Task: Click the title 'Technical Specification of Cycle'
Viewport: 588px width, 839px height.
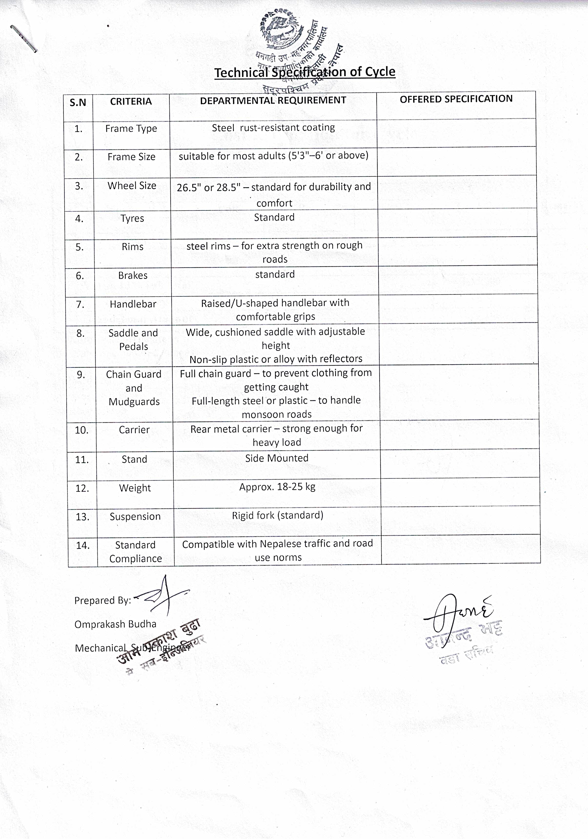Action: [x=305, y=72]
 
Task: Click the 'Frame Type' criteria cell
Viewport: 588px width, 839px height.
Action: [x=131, y=129]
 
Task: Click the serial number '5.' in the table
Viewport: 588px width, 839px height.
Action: [x=80, y=247]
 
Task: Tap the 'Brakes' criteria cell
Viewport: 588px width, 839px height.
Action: [x=133, y=276]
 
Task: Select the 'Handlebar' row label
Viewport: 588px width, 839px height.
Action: [x=133, y=304]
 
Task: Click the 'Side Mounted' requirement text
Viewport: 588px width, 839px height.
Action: [x=277, y=458]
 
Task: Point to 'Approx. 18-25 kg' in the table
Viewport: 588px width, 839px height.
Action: [x=277, y=487]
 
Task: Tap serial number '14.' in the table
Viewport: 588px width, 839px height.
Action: [x=83, y=546]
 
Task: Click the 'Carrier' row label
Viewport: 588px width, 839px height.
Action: [x=134, y=430]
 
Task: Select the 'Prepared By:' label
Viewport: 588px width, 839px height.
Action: [x=103, y=600]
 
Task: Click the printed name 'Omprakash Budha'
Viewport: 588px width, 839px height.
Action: [x=115, y=624]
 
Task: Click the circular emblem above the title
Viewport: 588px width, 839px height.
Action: [x=281, y=29]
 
